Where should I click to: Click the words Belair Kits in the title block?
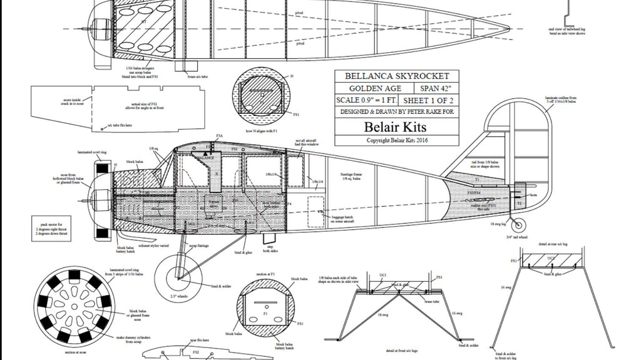397,126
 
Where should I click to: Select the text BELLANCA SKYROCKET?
397,76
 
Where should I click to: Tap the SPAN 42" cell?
434,88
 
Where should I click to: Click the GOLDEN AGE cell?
374,88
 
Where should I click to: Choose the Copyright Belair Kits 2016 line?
397,140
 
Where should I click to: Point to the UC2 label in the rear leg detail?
551,258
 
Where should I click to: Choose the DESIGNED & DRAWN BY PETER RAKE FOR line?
397,112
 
